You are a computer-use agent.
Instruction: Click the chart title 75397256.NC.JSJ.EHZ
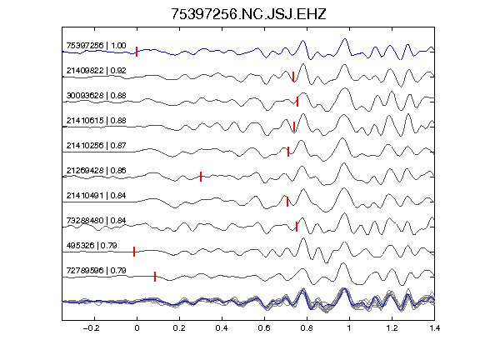(248, 14)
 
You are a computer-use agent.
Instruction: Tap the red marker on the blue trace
(137, 52)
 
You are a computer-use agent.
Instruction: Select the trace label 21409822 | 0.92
(96, 71)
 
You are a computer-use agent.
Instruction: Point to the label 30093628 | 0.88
(96, 96)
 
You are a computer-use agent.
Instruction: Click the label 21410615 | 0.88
(96, 121)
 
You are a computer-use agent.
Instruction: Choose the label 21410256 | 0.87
(96, 146)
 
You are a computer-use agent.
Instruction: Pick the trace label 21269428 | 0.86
(96, 171)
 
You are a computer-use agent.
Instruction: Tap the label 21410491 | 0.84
(96, 196)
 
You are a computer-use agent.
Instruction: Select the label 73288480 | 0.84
(96, 221)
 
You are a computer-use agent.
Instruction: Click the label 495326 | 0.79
(92, 246)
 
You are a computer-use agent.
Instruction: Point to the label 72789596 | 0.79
(96, 271)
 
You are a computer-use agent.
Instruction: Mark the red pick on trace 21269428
(201, 177)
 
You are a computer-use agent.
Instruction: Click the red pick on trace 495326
(134, 252)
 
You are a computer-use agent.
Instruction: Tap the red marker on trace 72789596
(155, 277)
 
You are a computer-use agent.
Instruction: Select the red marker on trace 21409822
(293, 77)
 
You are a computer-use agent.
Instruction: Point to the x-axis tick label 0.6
(264, 328)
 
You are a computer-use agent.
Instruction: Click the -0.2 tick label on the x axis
(92, 328)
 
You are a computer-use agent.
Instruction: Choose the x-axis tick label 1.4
(435, 328)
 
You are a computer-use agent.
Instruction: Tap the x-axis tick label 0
(137, 328)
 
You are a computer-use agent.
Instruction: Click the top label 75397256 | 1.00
(96, 46)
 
